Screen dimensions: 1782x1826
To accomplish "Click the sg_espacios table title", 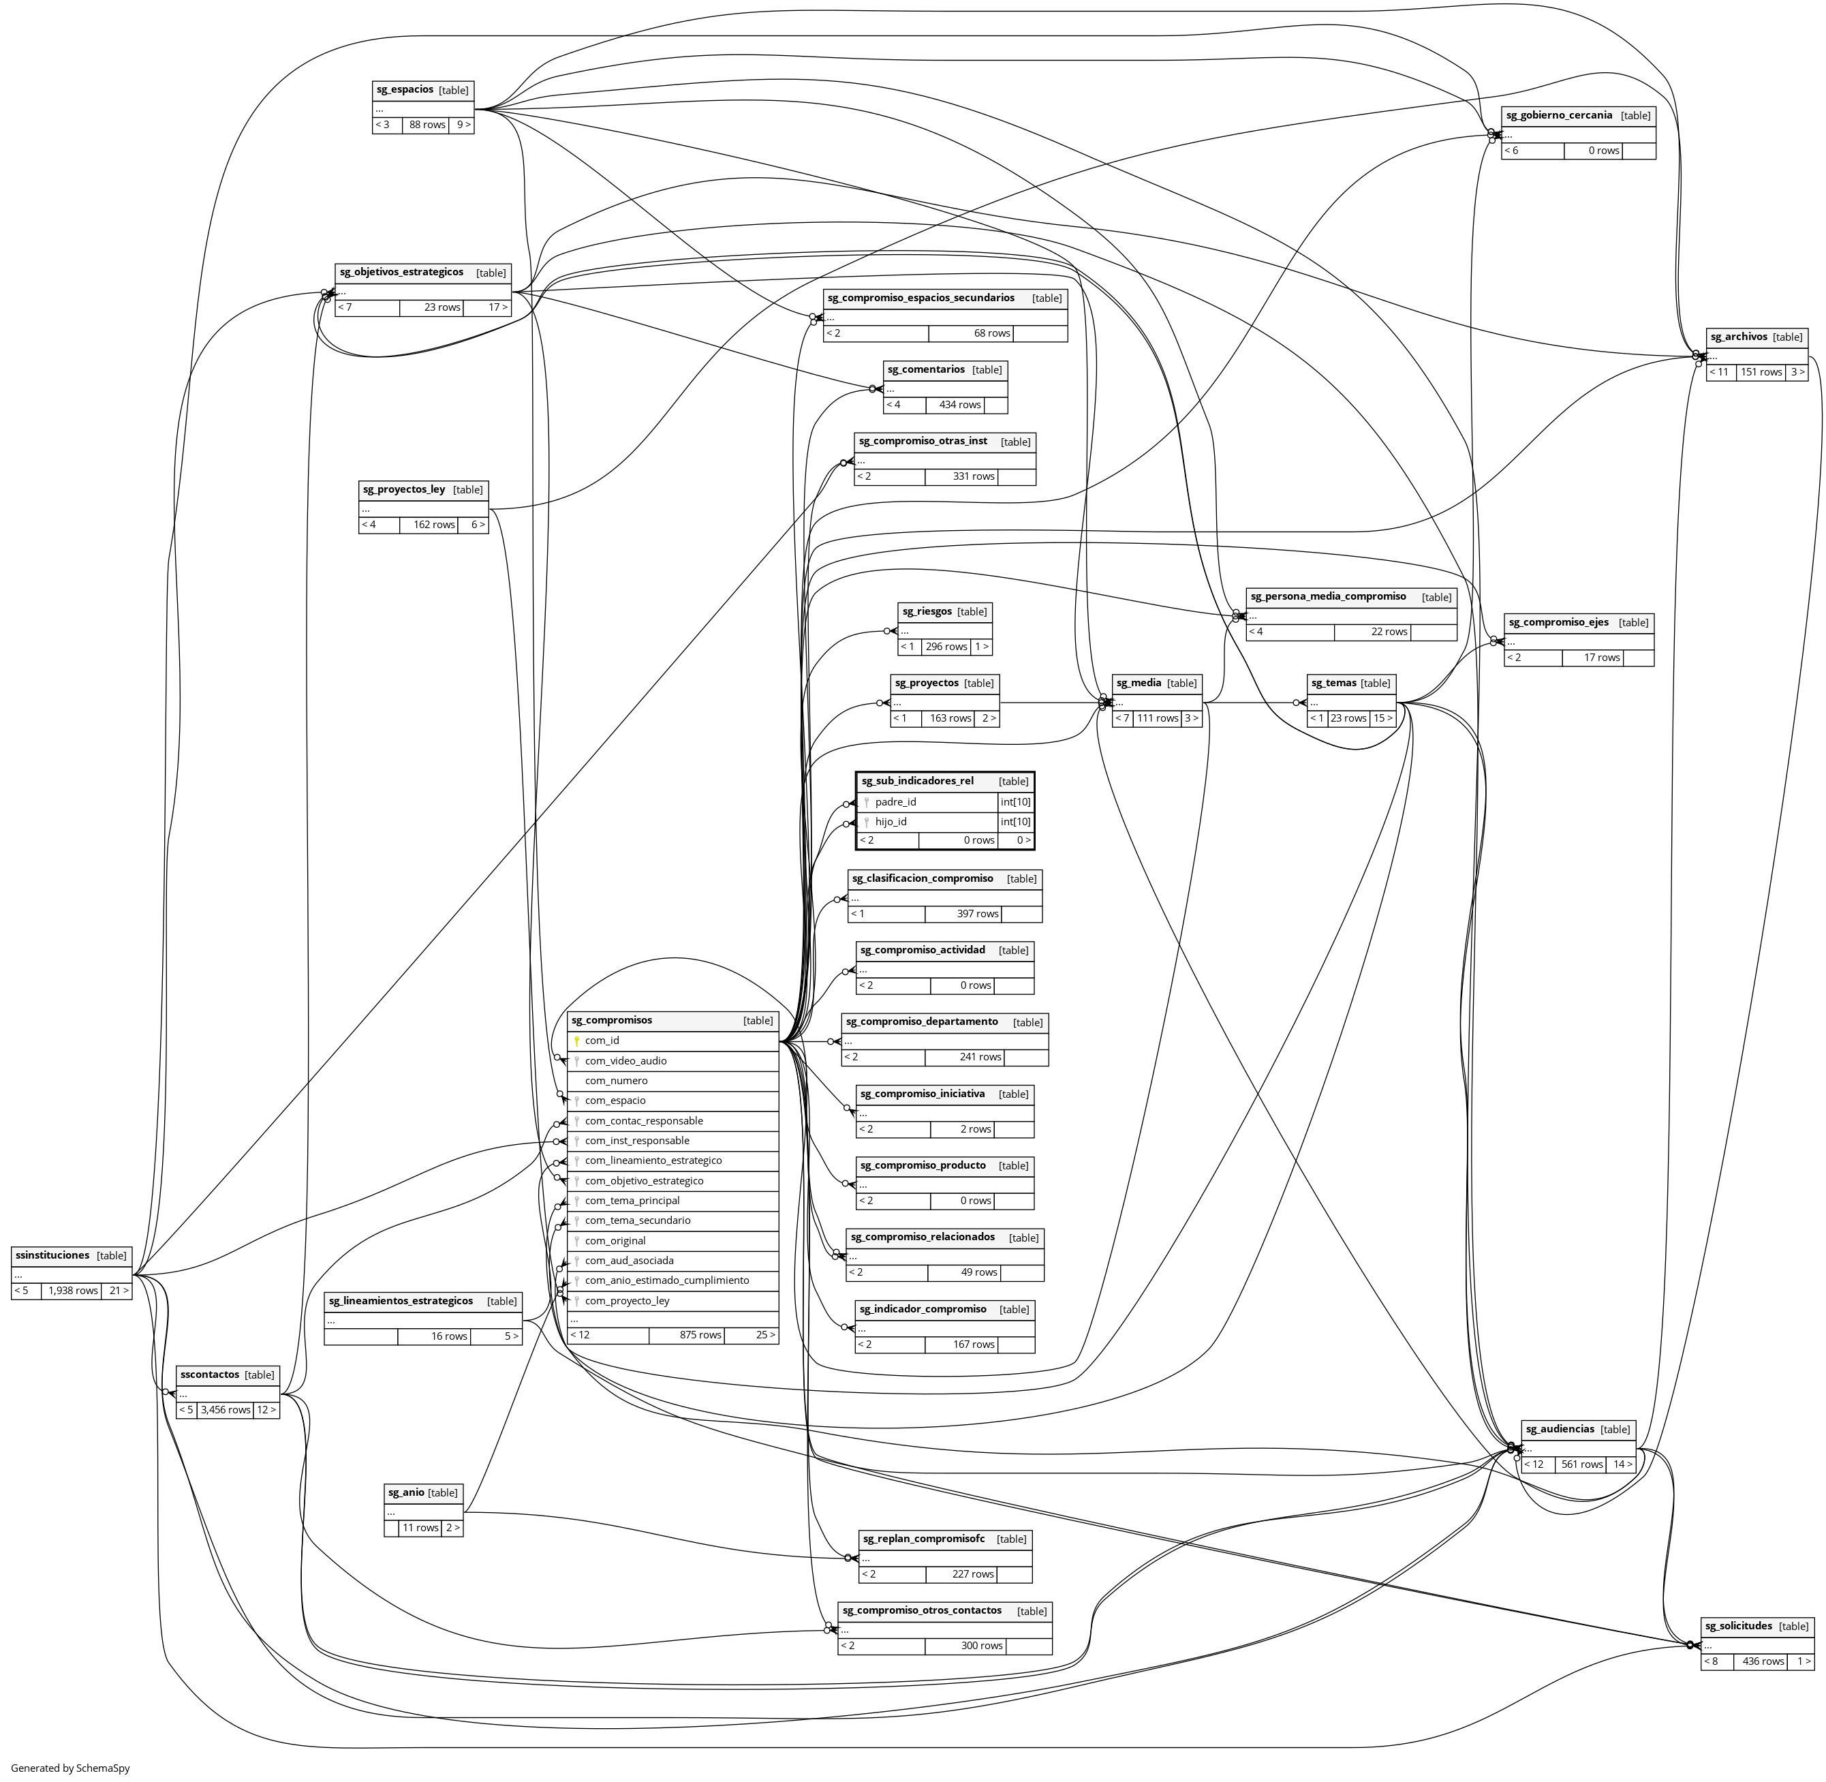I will (x=404, y=90).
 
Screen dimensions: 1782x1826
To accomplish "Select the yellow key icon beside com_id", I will (x=578, y=1041).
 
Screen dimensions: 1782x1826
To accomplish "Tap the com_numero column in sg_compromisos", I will (x=616, y=1080).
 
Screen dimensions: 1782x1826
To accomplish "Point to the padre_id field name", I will (x=896, y=802).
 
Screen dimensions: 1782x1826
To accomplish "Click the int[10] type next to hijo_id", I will (x=1015, y=822).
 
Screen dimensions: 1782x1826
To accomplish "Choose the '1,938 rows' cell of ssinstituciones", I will (x=72, y=1291).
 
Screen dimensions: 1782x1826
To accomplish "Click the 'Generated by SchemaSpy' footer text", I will (x=70, y=1768).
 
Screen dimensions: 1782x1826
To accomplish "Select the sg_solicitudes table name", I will (x=1738, y=1626).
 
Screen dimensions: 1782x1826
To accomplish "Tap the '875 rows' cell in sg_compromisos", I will (x=700, y=1335).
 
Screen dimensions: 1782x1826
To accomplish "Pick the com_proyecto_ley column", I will (x=627, y=1301).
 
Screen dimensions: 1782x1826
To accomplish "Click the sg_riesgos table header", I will (x=927, y=611).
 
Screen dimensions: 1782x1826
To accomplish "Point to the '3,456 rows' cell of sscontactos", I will (x=226, y=1409).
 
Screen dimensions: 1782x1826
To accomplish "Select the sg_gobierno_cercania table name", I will (x=1560, y=115).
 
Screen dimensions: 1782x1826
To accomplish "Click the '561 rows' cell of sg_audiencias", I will (x=1581, y=1464).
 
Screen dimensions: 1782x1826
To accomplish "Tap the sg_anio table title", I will (x=406, y=1492).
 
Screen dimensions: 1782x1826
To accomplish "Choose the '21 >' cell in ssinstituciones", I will (x=118, y=1291).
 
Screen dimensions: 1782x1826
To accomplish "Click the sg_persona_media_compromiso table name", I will (x=1328, y=596).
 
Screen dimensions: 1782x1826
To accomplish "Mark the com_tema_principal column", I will (x=632, y=1201).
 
